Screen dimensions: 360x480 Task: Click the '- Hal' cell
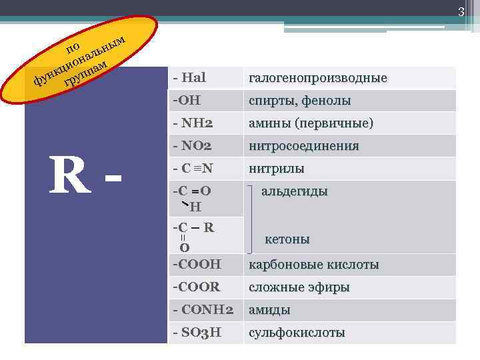(x=189, y=78)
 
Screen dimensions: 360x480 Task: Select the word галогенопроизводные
(x=317, y=79)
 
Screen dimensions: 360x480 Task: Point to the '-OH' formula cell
(x=187, y=101)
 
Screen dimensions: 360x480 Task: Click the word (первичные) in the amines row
(x=336, y=124)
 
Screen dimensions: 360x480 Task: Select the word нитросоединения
(x=303, y=146)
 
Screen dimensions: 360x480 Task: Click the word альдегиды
(x=294, y=191)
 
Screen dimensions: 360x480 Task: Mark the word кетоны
(x=287, y=239)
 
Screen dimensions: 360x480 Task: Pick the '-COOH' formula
(x=196, y=265)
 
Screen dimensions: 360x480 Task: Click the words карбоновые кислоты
(x=314, y=265)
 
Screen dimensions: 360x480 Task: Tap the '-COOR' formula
(x=196, y=287)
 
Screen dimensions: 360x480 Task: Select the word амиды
(x=269, y=310)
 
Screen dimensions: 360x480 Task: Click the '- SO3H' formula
(x=197, y=333)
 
